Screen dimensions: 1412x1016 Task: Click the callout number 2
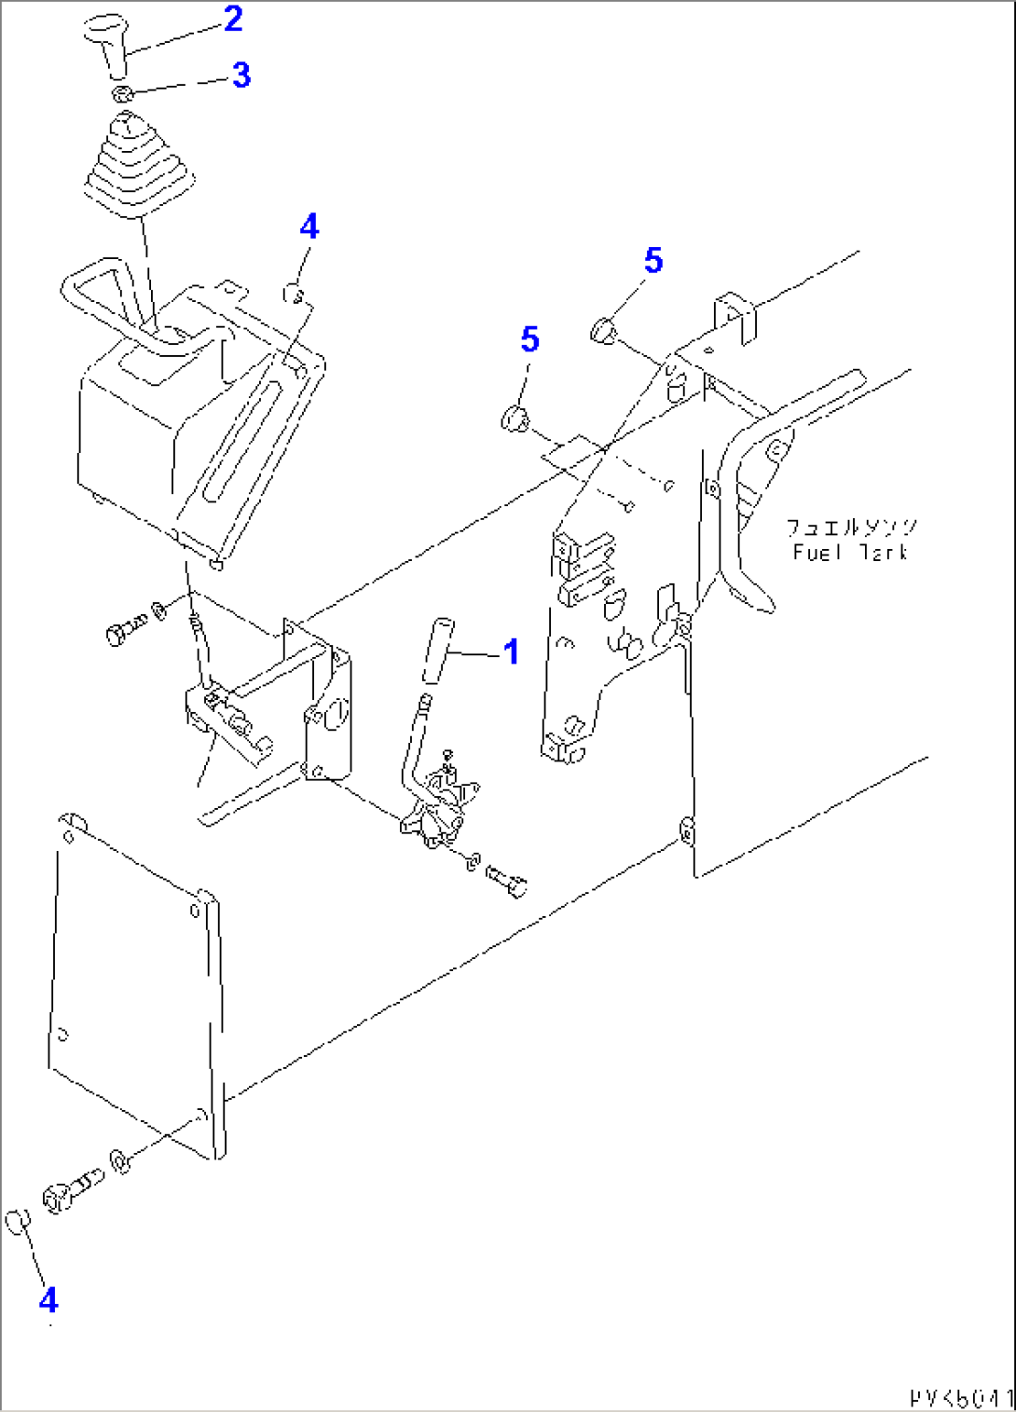pyautogui.click(x=233, y=19)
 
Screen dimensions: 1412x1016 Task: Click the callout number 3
pyautogui.click(x=241, y=75)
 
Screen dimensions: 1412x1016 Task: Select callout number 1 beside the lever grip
pyautogui.click(x=511, y=651)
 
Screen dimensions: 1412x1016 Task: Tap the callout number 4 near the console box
pyautogui.click(x=309, y=226)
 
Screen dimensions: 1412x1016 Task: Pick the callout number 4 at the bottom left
pyautogui.click(x=48, y=1299)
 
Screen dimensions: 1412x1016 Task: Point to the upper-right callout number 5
pyautogui.click(x=652, y=261)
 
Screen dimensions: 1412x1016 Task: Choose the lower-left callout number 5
pyautogui.click(x=529, y=339)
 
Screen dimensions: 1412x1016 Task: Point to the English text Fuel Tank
pyautogui.click(x=850, y=553)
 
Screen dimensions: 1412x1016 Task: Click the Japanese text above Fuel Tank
pyautogui.click(x=851, y=528)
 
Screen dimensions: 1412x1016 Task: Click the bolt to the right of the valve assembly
pyautogui.click(x=507, y=880)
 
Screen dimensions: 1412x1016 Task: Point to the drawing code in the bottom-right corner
pyautogui.click(x=960, y=1399)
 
